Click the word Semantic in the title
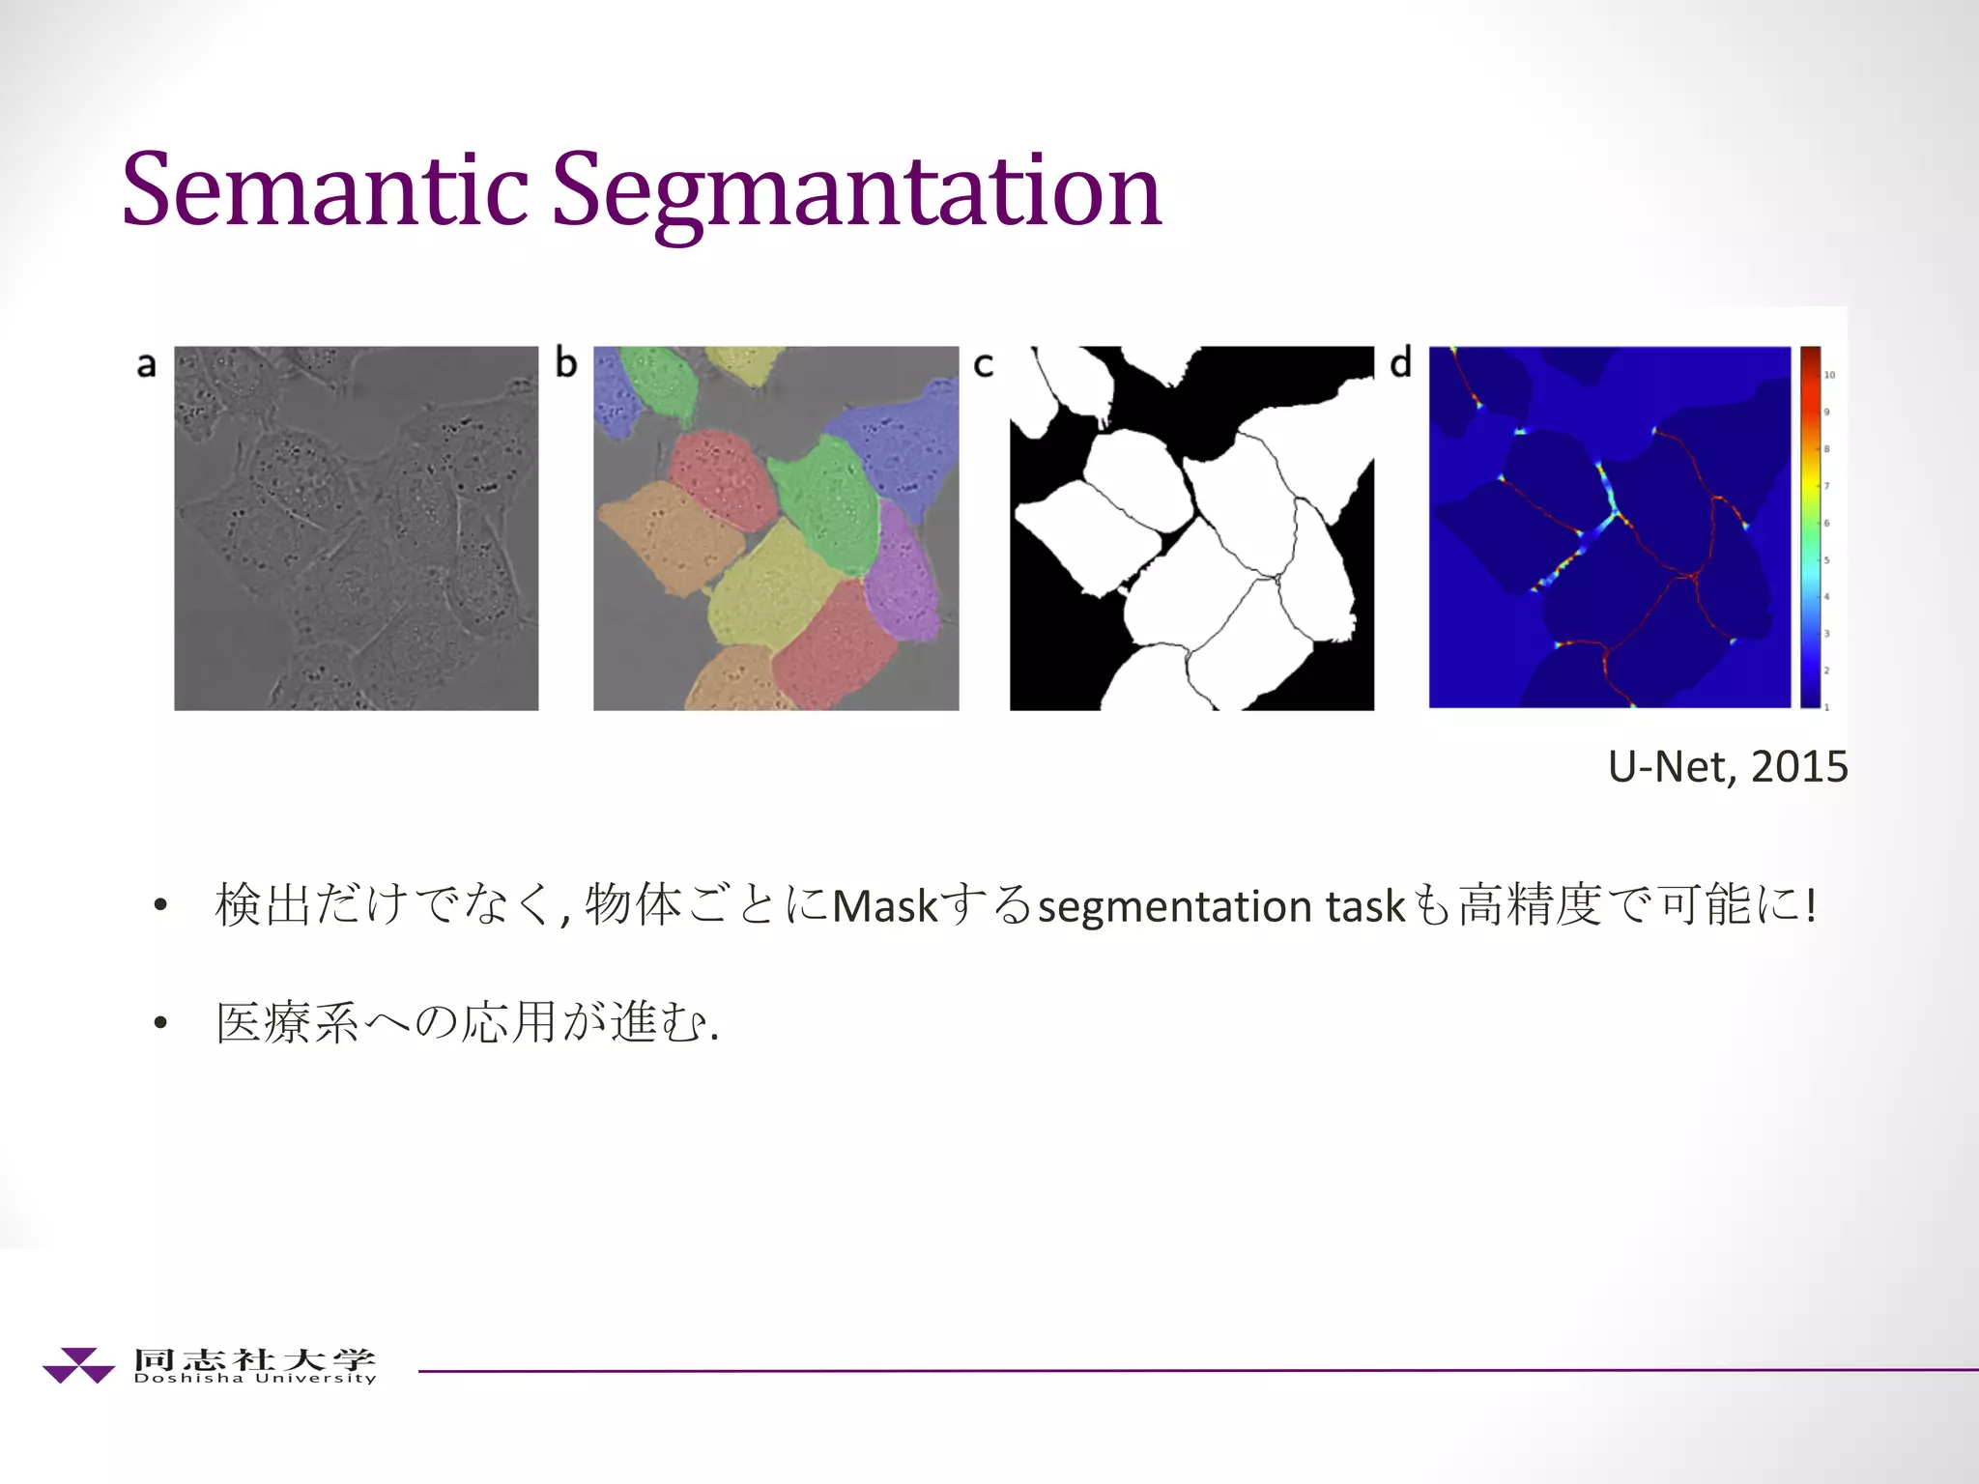(x=325, y=190)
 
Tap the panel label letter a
(x=146, y=365)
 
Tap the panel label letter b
(x=565, y=363)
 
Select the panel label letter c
(x=984, y=365)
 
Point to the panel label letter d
(x=1400, y=363)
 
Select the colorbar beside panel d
(x=1810, y=527)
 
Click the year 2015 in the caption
(x=1799, y=766)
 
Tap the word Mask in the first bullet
(x=885, y=906)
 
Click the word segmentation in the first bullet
(x=1173, y=906)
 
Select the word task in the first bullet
(x=1364, y=906)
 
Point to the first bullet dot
(x=160, y=906)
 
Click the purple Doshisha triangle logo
(x=78, y=1365)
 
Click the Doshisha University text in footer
(x=255, y=1378)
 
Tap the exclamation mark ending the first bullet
(x=1810, y=904)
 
